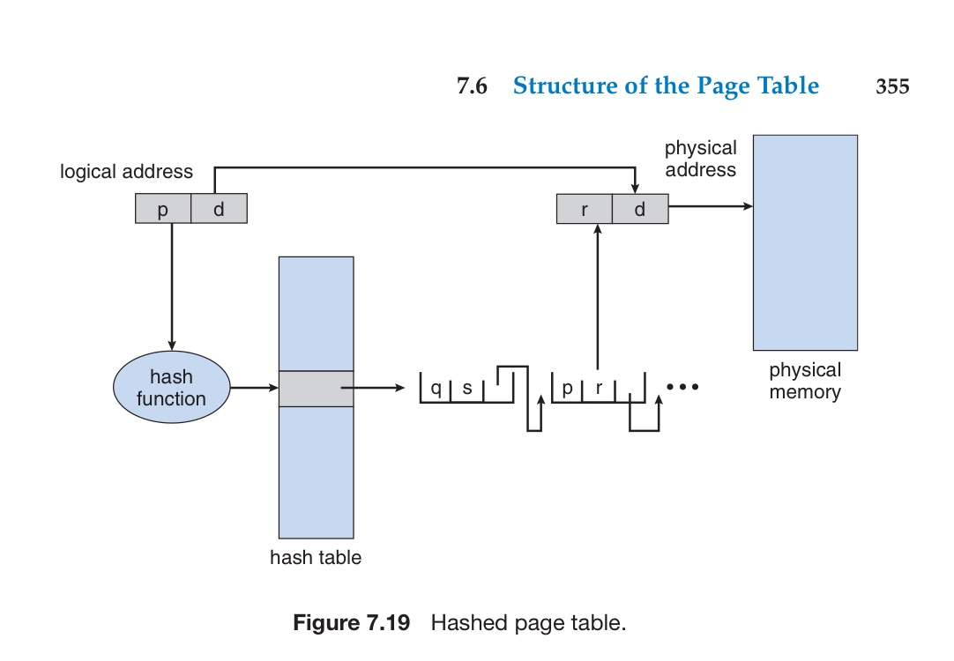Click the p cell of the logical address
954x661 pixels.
pos(163,208)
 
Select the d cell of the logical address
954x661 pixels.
pos(219,208)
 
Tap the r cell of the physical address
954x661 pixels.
pos(585,209)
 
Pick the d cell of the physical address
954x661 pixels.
pos(640,209)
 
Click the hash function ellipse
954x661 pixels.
pos(171,388)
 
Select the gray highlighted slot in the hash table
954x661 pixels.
pos(316,388)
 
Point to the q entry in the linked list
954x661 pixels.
pos(436,388)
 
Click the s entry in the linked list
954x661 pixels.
pos(467,388)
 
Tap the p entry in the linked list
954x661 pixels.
pos(567,388)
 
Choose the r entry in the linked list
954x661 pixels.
pos(599,388)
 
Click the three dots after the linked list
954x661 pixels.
pos(682,387)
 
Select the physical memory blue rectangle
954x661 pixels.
pos(804,242)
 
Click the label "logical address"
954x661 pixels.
pos(126,171)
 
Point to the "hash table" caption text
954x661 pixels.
pos(316,557)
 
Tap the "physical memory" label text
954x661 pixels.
pos(804,381)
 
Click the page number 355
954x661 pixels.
pos(891,86)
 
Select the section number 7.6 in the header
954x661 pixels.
pos(472,86)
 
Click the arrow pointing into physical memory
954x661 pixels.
pos(711,207)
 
